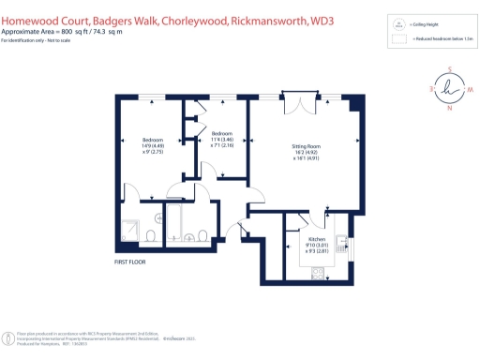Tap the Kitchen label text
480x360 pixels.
click(x=317, y=239)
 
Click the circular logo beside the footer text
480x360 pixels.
click(x=8, y=335)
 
